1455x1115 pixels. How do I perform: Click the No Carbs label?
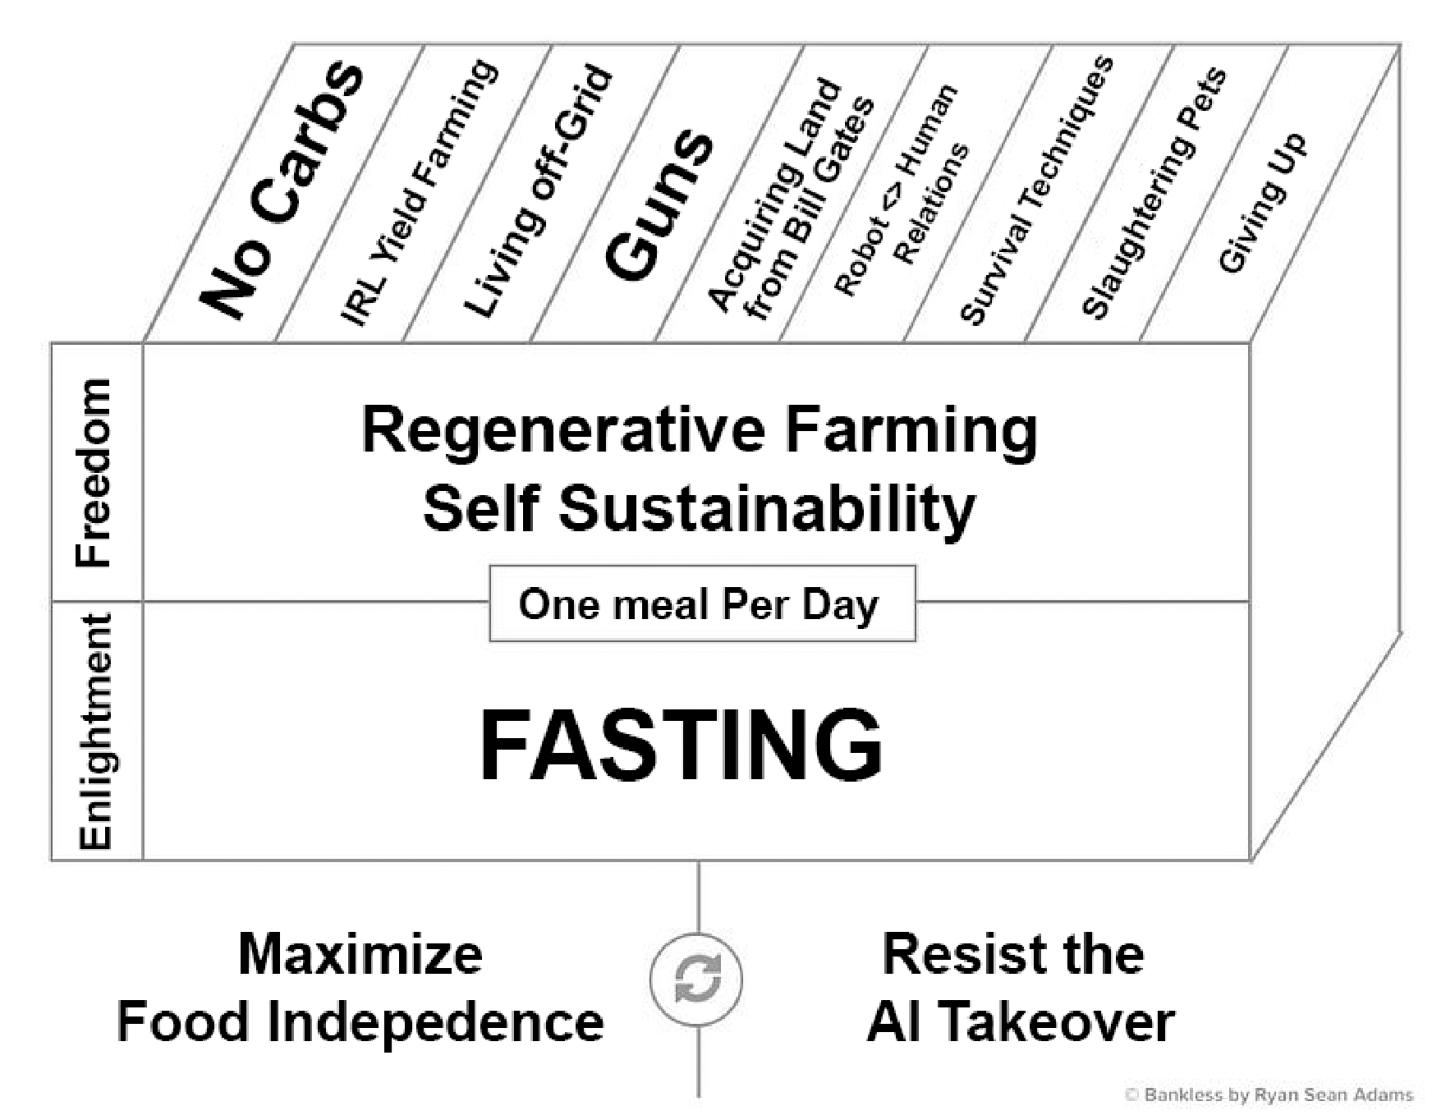[282, 190]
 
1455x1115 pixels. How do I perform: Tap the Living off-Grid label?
[538, 190]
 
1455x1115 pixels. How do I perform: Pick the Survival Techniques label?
[1036, 190]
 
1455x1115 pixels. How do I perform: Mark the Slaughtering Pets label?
[1154, 194]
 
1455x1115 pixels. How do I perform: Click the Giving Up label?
[1261, 202]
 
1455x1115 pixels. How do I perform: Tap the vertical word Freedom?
[93, 473]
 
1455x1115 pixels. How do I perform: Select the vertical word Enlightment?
[95, 731]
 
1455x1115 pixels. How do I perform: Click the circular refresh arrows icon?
[696, 979]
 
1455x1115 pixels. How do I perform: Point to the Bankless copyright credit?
[1269, 1094]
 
